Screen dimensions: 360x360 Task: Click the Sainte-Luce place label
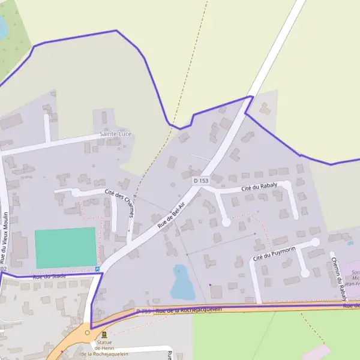tap(115, 134)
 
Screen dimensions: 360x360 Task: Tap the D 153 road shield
tap(200, 181)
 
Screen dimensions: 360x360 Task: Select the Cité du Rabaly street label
tap(259, 188)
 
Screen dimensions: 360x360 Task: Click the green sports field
tap(65, 247)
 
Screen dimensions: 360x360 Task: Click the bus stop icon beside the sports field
tap(98, 269)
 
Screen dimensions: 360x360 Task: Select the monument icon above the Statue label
tap(105, 334)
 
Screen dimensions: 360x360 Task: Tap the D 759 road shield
tap(143, 311)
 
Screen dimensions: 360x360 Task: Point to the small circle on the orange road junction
tap(88, 332)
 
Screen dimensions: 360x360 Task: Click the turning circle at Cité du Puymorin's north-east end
tap(316, 242)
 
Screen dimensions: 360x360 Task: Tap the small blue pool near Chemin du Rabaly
tap(350, 243)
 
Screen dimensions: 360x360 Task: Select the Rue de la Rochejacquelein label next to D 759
tap(188, 310)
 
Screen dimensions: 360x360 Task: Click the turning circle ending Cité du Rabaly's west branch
tap(226, 222)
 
